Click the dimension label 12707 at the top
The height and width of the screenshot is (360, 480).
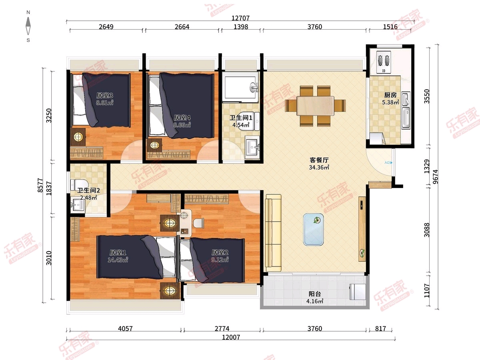tap(240, 18)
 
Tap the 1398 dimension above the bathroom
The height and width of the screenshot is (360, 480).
tap(241, 27)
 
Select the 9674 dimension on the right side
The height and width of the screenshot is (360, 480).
tap(435, 177)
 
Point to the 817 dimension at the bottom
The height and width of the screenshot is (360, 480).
tap(380, 328)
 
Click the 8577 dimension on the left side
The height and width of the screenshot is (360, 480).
tap(40, 185)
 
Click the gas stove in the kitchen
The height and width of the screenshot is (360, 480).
tap(384, 62)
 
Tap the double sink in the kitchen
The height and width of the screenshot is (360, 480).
tap(406, 110)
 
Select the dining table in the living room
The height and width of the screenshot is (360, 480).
tap(315, 106)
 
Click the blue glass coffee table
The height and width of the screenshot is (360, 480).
tap(313, 230)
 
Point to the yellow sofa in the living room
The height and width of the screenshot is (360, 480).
tap(273, 233)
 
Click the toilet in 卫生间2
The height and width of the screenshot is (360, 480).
tap(79, 185)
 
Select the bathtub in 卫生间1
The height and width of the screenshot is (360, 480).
tap(240, 87)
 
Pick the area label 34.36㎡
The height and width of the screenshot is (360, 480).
tap(319, 168)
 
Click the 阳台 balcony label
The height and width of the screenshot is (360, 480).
tap(315, 294)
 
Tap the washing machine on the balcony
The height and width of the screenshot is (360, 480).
tap(358, 292)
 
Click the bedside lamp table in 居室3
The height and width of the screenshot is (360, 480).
tap(78, 137)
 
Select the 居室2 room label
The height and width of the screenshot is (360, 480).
tap(220, 252)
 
